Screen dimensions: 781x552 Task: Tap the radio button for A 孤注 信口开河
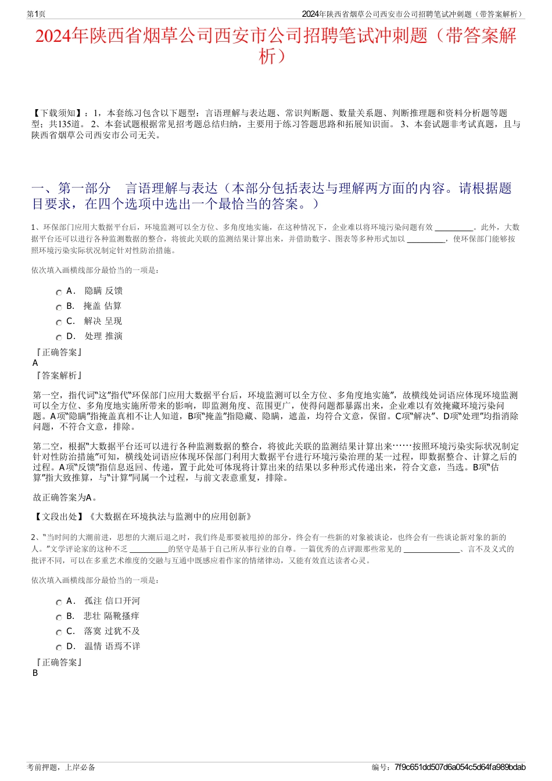point(59,602)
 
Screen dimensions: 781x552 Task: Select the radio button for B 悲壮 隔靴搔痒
point(59,617)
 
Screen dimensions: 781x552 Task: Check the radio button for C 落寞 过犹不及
point(59,632)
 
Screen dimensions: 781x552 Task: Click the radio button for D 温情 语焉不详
point(59,647)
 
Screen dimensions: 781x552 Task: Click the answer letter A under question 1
point(35,363)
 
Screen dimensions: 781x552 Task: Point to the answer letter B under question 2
point(35,673)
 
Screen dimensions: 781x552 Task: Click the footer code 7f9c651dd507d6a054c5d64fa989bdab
point(460,767)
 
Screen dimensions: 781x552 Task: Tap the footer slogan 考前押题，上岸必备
point(61,767)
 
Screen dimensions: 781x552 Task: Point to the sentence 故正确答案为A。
point(65,497)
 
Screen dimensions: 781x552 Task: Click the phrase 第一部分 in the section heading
point(85,189)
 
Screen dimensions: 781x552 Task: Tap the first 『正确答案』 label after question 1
point(59,352)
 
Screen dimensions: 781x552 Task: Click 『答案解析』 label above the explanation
point(59,376)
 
